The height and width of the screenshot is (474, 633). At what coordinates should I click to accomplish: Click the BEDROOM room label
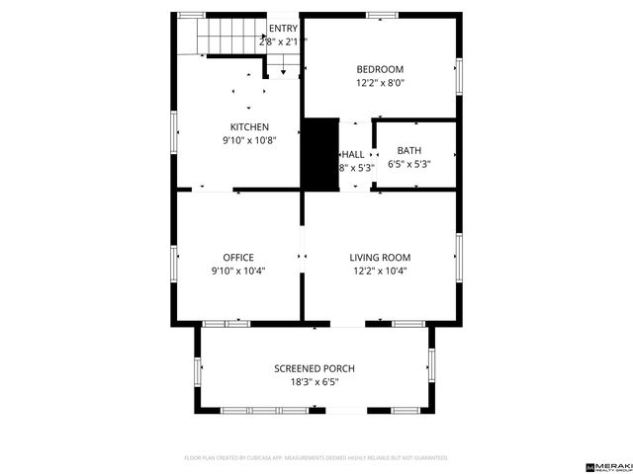coord(380,68)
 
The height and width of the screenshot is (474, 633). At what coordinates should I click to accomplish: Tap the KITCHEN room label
coord(249,126)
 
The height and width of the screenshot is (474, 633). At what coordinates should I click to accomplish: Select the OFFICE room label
coord(238,257)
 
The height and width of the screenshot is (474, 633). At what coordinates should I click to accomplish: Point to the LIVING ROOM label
coord(380,257)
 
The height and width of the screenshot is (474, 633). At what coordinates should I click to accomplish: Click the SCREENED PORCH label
coord(315,368)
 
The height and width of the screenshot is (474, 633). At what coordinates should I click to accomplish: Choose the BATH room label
coord(408,150)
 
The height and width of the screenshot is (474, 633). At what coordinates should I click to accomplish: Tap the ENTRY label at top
coord(283,29)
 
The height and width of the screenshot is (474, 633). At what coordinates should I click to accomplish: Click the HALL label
coord(353,155)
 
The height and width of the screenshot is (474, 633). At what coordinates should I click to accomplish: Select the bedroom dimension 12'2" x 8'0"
coord(380,83)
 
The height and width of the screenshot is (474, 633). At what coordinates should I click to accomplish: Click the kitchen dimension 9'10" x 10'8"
coord(249,140)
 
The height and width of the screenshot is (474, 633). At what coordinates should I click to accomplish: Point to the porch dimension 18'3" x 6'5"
coord(315,382)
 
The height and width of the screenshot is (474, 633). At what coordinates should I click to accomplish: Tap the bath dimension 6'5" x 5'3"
coord(408,164)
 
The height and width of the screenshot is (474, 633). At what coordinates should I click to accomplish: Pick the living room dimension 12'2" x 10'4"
coord(380,271)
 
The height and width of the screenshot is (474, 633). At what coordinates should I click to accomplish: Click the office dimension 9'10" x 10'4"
coord(238,271)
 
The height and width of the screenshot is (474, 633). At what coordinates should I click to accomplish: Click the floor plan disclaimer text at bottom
coord(316,458)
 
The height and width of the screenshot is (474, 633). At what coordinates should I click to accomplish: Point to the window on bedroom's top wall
coord(382,15)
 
